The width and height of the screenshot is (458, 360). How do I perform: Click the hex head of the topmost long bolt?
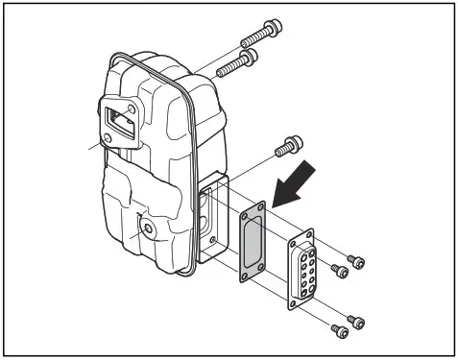274,26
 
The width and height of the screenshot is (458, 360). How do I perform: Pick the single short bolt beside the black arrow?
285,148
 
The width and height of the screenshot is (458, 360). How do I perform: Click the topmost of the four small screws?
356,259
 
